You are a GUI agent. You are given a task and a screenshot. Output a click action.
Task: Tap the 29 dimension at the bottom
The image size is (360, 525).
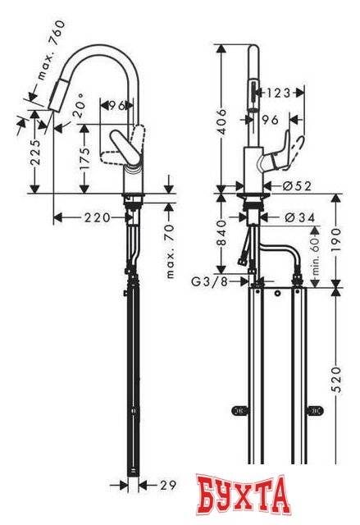click(x=167, y=486)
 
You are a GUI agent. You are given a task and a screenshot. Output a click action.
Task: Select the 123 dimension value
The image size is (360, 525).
click(x=278, y=94)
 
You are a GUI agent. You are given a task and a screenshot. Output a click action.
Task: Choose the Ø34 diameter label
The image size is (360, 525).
click(x=294, y=217)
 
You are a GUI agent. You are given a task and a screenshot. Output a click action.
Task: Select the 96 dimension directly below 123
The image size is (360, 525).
click(x=271, y=118)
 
